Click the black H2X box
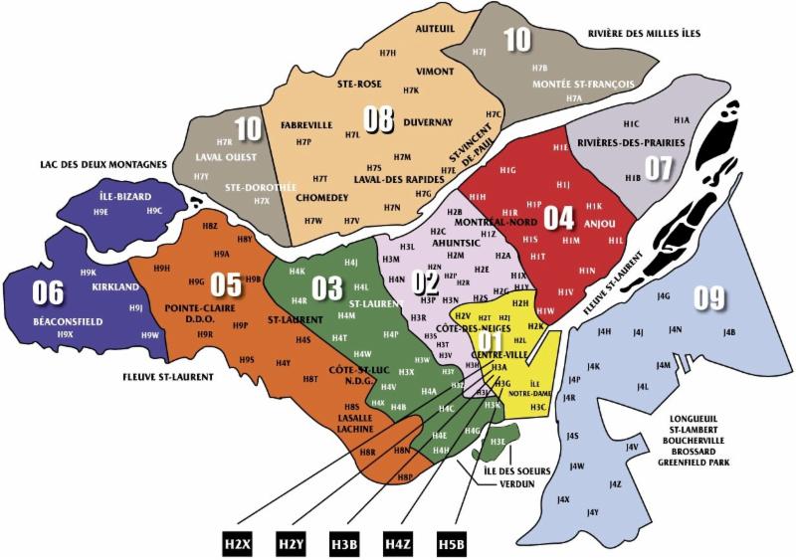click(x=238, y=543)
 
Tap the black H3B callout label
click(x=344, y=543)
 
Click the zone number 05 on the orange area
click(x=226, y=284)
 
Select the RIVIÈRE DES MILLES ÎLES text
click(x=644, y=34)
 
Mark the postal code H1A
click(x=681, y=119)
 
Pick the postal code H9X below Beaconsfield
click(x=66, y=335)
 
